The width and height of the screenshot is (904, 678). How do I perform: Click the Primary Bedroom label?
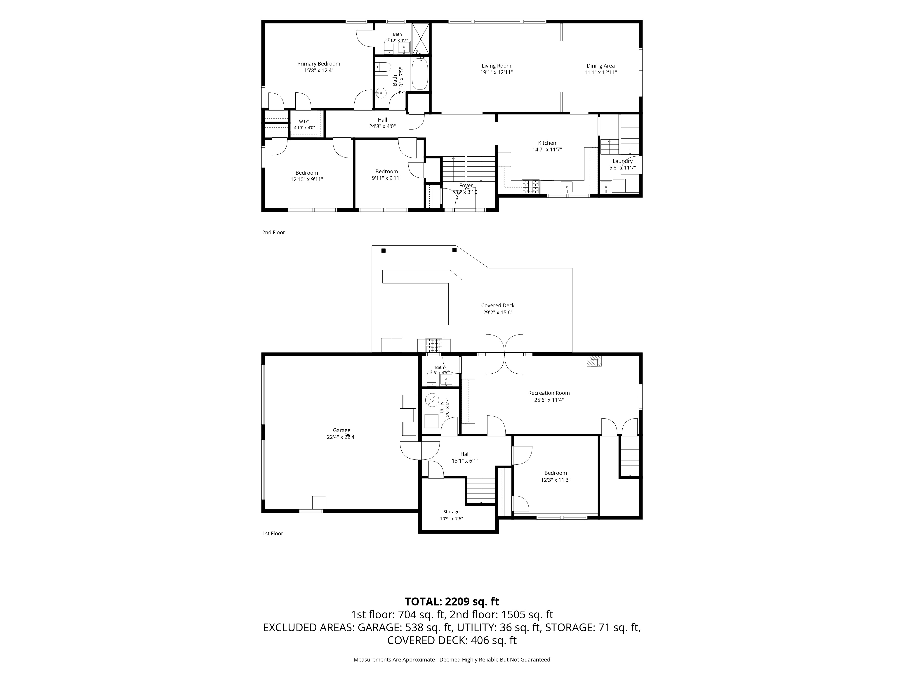318,64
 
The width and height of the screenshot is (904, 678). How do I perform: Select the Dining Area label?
600,66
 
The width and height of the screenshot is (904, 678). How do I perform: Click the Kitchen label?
547,143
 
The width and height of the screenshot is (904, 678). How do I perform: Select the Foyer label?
466,186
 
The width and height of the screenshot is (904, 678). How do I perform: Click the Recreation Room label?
549,393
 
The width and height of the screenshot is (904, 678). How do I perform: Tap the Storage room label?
451,512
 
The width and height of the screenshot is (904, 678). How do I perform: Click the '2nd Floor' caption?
273,233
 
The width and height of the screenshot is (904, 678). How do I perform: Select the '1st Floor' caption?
273,533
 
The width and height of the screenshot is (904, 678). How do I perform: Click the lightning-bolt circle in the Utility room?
432,400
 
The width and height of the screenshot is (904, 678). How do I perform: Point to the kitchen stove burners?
530,186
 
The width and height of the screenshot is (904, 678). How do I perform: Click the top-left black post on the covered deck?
383,250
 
